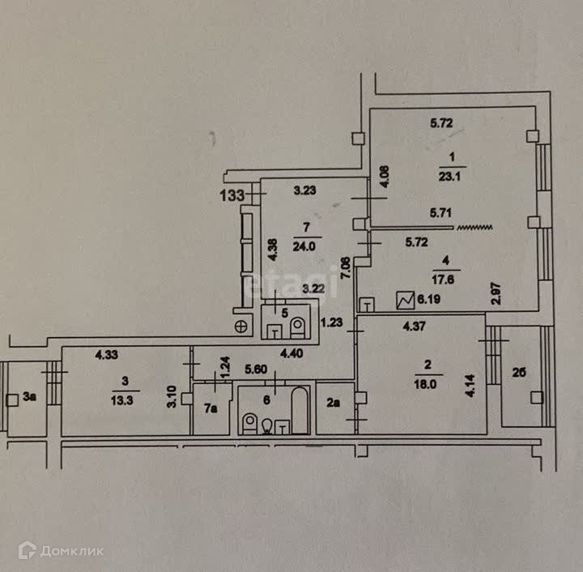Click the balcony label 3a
(30, 397)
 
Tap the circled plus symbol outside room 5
(240, 326)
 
